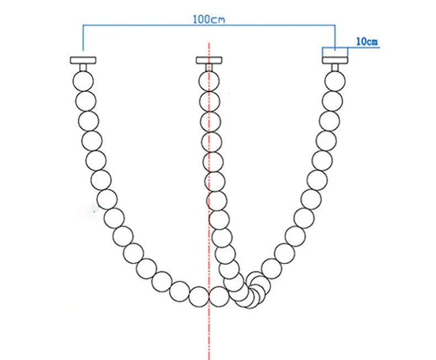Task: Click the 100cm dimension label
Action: [209, 19]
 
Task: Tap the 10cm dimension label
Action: [367, 42]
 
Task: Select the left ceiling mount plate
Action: [83, 60]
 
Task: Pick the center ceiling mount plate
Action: [209, 60]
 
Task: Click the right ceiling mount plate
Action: [335, 60]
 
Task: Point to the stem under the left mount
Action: [83, 67]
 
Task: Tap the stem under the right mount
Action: [335, 67]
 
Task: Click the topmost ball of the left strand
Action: [83, 81]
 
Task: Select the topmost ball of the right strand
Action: [335, 81]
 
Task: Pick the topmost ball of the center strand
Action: [209, 81]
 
